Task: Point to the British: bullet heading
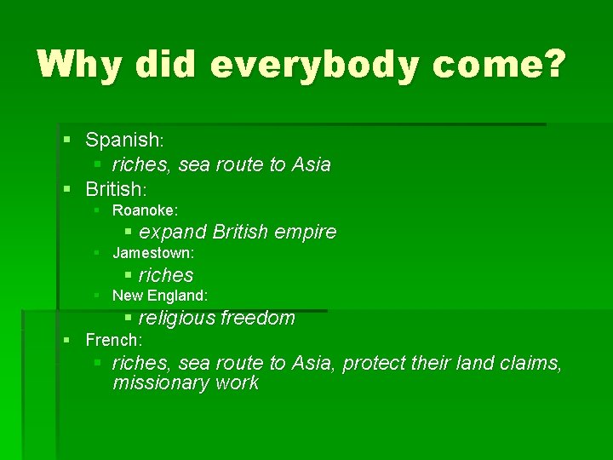[x=117, y=187]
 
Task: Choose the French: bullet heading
[x=113, y=340]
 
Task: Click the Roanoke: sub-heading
[x=145, y=210]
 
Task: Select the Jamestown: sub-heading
[x=153, y=253]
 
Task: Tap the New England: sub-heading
[x=160, y=296]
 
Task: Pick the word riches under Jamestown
[x=166, y=275]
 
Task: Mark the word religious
[x=177, y=319]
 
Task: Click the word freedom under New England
[x=258, y=319]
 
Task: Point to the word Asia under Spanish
[x=311, y=164]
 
